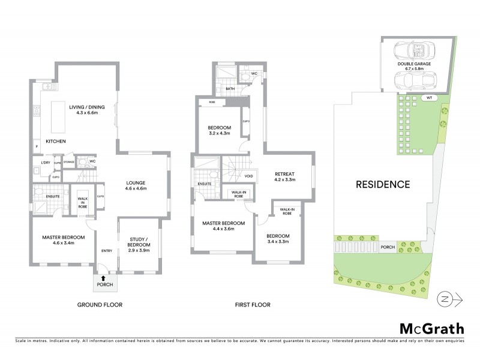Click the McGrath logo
pos(431,328)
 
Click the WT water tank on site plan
pos(428,97)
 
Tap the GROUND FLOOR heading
pos(100,305)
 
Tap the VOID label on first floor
pos(248,176)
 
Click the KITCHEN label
pos(55,142)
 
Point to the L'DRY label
pos(44,163)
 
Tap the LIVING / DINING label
pos(86,110)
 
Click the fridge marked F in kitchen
pos(37,146)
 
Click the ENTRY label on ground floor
pos(106,251)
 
